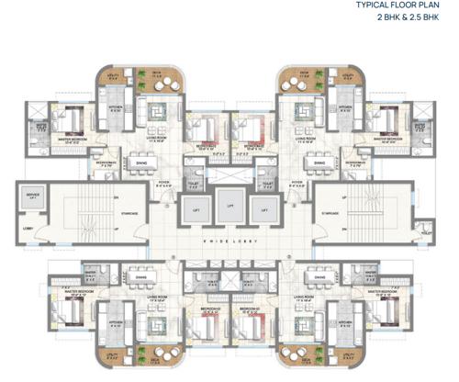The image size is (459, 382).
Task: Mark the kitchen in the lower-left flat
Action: point(118,325)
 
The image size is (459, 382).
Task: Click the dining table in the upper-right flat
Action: point(318,163)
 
